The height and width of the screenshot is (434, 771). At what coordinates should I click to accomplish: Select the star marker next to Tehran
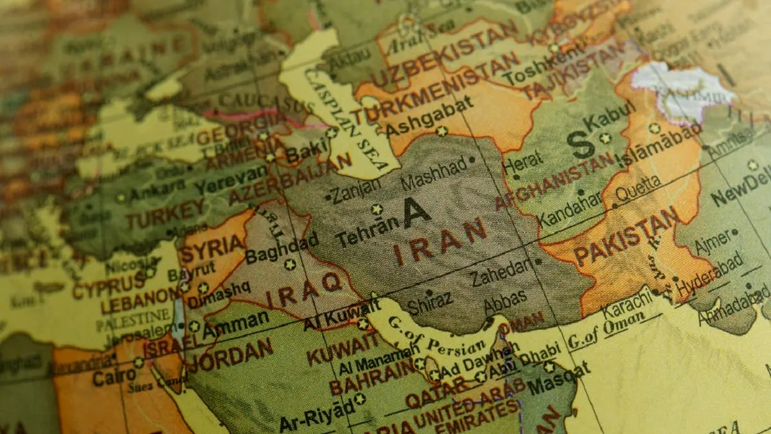tap(377, 209)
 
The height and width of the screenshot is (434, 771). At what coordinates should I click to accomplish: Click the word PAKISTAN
tap(625, 237)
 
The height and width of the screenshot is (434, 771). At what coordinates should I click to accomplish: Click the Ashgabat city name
tap(429, 117)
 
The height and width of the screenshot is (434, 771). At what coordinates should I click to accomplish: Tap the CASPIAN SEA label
tap(346, 121)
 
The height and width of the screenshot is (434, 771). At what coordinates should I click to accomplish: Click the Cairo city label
tap(114, 376)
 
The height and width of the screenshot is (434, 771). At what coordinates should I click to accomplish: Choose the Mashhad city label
tap(433, 173)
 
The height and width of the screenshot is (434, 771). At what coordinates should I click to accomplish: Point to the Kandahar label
tap(570, 211)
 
